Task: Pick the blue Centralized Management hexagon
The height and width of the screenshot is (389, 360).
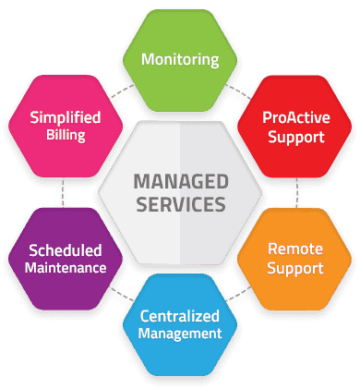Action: pyautogui.click(x=180, y=324)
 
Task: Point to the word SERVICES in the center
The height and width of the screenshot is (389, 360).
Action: pyautogui.click(x=179, y=204)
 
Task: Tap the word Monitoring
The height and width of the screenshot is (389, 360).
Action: pyautogui.click(x=180, y=60)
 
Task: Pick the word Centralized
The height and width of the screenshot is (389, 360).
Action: pyautogui.click(x=180, y=314)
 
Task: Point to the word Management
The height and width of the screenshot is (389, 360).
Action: pyautogui.click(x=180, y=334)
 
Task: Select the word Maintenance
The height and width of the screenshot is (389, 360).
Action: pyautogui.click(x=62, y=269)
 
